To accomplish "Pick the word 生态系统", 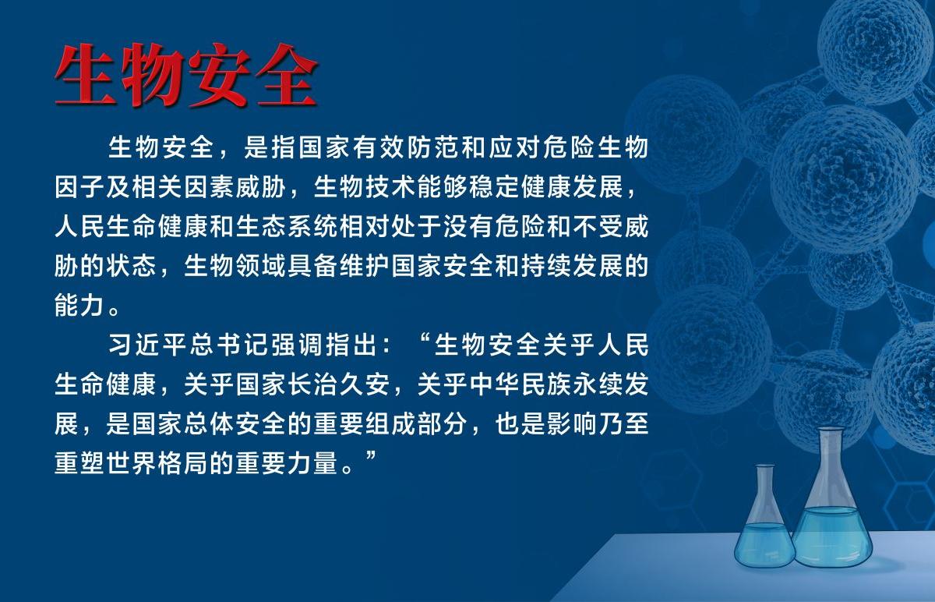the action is click(287, 226).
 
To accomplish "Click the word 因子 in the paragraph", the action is click(79, 186).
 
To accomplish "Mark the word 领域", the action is click(260, 266).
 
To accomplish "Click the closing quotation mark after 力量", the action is click(371, 455).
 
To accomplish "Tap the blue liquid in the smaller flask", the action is click(764, 543).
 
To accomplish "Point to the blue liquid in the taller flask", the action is click(832, 536).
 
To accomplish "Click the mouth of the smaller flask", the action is click(765, 466).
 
